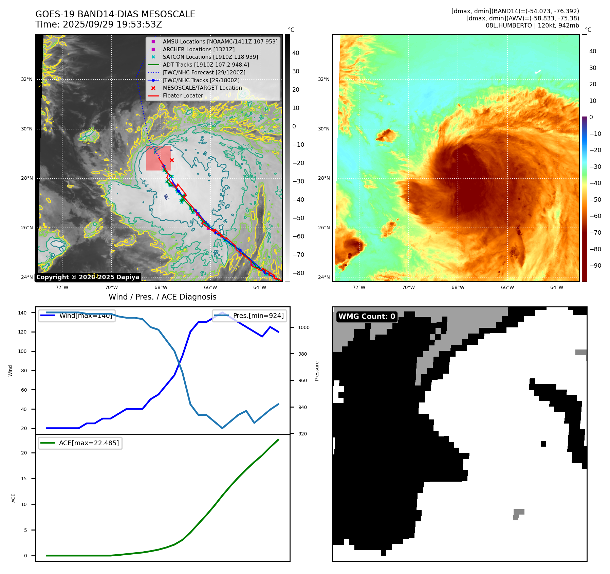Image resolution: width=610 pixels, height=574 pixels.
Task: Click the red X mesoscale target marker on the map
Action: pyautogui.click(x=172, y=160)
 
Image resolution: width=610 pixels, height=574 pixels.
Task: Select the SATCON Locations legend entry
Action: pyautogui.click(x=210, y=57)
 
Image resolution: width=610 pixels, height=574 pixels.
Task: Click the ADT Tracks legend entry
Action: pyautogui.click(x=206, y=65)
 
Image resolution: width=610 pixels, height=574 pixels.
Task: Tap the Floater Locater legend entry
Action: pyautogui.click(x=183, y=95)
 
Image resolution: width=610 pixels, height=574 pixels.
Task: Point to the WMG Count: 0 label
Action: pyautogui.click(x=367, y=317)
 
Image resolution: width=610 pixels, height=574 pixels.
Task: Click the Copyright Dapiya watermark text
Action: pyautogui.click(x=88, y=277)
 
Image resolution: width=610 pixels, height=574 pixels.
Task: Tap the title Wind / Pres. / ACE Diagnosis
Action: pyautogui.click(x=162, y=297)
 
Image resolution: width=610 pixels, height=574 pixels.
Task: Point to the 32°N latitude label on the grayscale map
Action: pyautogui.click(x=27, y=79)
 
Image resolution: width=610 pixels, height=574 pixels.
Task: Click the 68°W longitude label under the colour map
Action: pyautogui.click(x=458, y=287)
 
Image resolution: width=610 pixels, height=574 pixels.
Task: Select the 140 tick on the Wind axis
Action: pyautogui.click(x=22, y=313)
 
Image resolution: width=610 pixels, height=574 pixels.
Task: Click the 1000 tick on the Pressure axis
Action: pyautogui.click(x=303, y=327)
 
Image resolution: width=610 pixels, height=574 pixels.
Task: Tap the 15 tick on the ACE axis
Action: pyautogui.click(x=24, y=479)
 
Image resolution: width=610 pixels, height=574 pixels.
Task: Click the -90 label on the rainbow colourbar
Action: pyautogui.click(x=595, y=266)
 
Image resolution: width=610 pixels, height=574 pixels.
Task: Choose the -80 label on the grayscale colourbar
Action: pyautogui.click(x=298, y=273)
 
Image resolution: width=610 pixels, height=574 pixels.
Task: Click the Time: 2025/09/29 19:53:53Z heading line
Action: pyautogui.click(x=98, y=25)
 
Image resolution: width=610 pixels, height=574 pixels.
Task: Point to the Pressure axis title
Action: pyautogui.click(x=317, y=371)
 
